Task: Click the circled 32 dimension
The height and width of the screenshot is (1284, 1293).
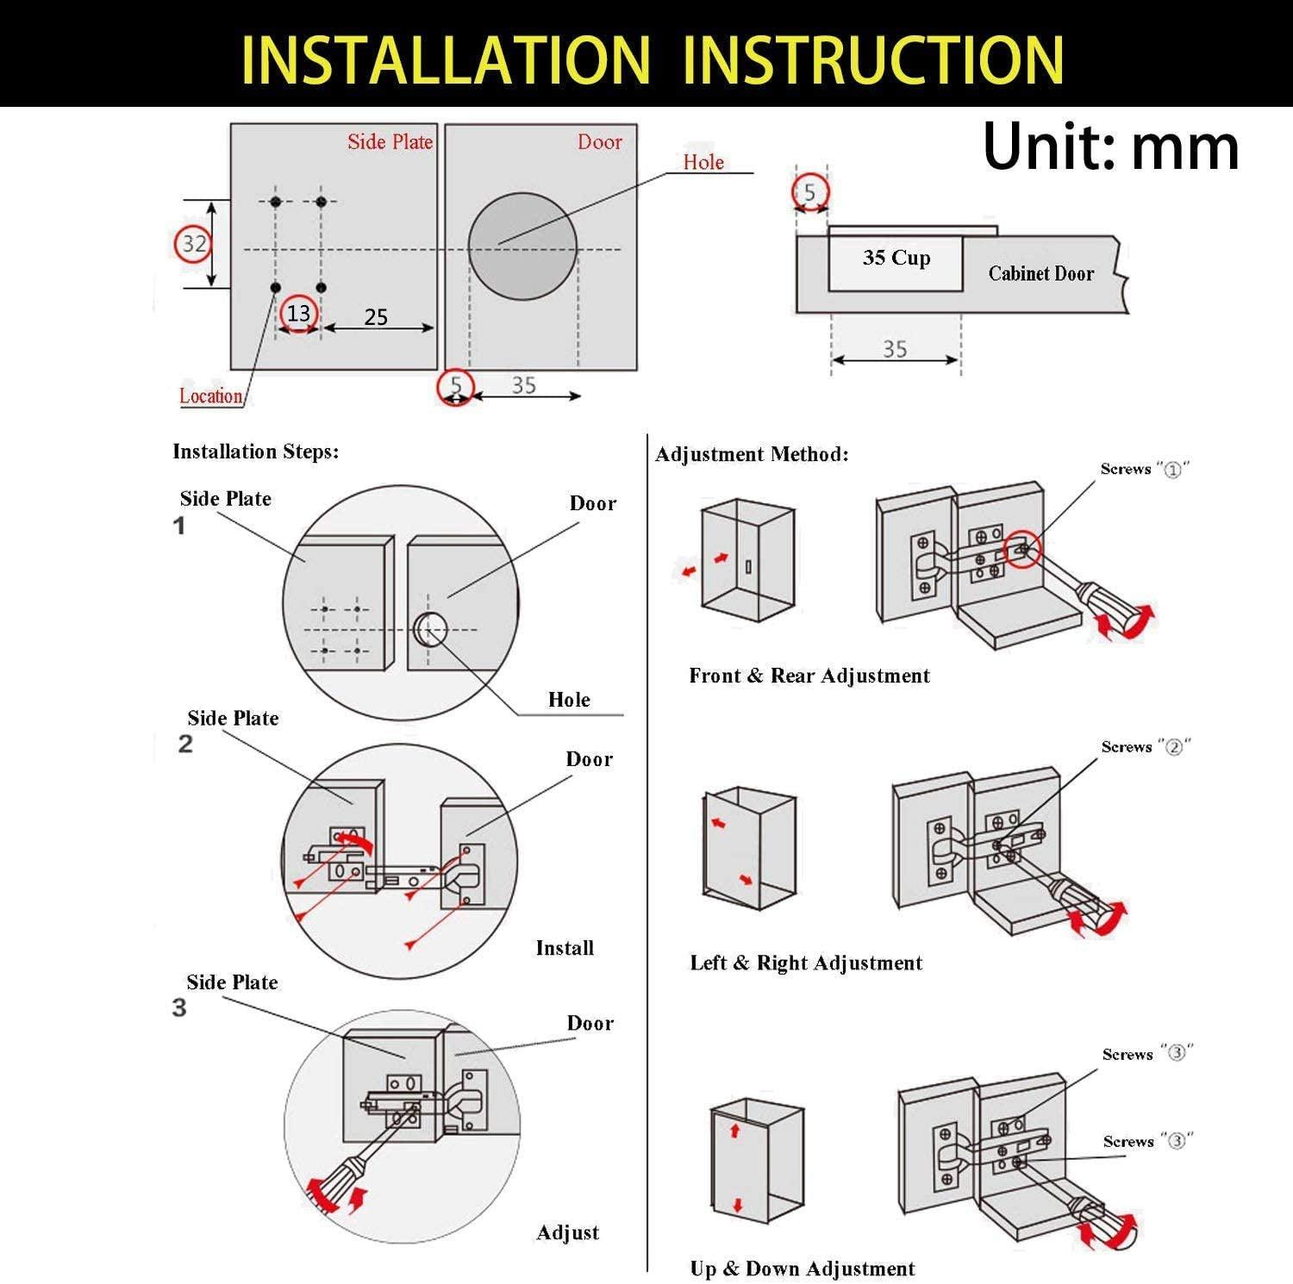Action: (x=193, y=244)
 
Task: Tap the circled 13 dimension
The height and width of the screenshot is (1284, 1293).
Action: (x=298, y=313)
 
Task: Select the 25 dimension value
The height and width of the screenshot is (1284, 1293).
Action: (x=376, y=317)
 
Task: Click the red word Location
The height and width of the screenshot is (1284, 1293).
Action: (x=211, y=396)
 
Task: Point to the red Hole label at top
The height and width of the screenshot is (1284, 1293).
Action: (x=703, y=162)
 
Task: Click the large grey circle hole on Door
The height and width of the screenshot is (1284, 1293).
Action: (x=522, y=246)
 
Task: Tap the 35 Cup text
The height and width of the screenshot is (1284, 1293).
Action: (x=896, y=258)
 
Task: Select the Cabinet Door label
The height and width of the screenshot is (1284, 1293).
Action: (x=1041, y=274)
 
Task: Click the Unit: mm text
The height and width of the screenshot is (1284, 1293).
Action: (x=1110, y=146)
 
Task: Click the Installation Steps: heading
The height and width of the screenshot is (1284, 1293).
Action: (x=256, y=452)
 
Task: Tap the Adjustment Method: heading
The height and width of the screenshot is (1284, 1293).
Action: (x=752, y=454)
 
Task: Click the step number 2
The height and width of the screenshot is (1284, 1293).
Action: (x=185, y=745)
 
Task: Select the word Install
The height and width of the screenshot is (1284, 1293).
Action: (x=565, y=948)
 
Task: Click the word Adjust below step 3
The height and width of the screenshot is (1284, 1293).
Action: (x=567, y=1233)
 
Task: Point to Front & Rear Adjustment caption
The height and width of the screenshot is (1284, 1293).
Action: (x=809, y=676)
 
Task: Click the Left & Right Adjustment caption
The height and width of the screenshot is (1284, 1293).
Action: (x=806, y=963)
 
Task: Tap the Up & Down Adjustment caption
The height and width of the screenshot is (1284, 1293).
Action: (x=803, y=1268)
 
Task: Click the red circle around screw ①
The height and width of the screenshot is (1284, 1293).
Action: (x=1022, y=548)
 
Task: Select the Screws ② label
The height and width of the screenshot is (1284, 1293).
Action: (x=1146, y=746)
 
